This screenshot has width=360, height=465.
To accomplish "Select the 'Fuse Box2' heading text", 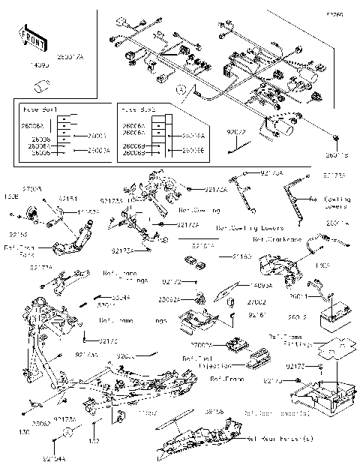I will point(138,109).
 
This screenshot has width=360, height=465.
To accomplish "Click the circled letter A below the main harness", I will point(180,89).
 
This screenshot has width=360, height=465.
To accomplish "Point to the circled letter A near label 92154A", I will point(67,433).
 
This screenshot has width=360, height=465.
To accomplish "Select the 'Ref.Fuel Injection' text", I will point(197,363).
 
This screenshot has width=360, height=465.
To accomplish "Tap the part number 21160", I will point(241,256).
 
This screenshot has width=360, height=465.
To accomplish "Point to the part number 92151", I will point(67,199).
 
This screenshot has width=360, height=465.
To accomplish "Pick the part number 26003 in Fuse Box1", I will point(97,136).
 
